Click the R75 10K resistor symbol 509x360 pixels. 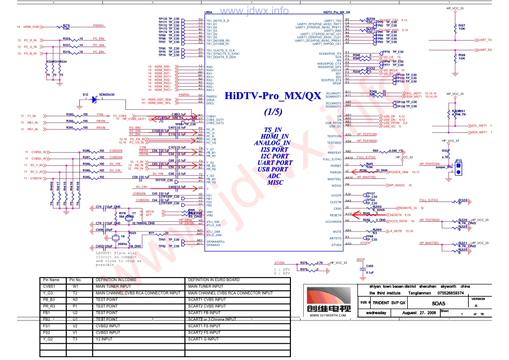tap(66, 27)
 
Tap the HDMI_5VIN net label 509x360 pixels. tap(32, 27)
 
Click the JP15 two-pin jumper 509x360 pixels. tap(458, 164)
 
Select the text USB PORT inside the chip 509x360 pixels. tap(272, 169)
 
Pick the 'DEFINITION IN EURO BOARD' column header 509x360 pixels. tap(213, 280)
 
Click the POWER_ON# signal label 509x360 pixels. tap(399, 172)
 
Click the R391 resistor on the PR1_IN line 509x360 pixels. tap(70, 129)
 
